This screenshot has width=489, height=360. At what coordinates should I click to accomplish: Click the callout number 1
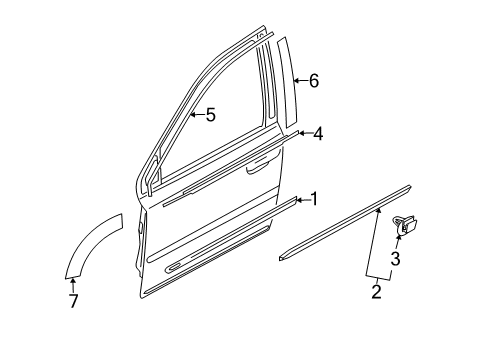point(313,199)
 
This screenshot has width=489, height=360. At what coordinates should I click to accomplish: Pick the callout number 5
point(209,114)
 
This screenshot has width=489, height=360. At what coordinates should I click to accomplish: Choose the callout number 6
point(313,81)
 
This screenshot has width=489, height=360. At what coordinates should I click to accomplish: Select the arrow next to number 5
point(196,114)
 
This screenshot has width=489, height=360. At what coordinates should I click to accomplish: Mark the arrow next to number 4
point(304,132)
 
